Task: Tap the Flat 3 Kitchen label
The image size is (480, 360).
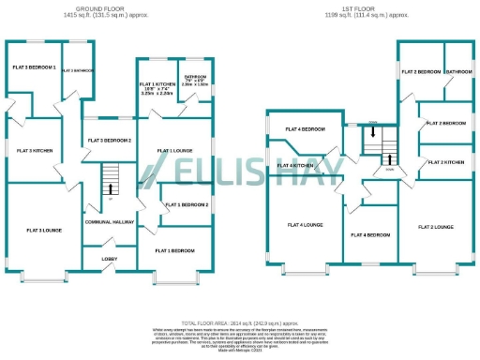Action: point(34,150)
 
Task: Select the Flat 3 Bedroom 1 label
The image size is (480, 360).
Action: point(35,68)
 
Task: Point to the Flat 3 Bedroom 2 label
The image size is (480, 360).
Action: point(109,141)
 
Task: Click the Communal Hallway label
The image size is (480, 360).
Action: point(112,223)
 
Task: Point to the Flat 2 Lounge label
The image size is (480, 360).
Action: point(435,227)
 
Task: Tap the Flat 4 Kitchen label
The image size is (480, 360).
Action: point(295,165)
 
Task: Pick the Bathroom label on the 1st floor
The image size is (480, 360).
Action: point(458,71)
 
